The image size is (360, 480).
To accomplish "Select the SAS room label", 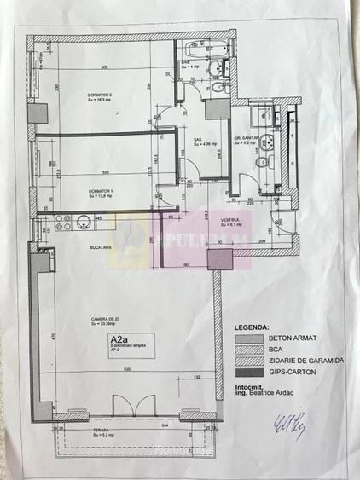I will (x=198, y=140).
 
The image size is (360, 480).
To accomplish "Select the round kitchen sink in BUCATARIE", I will (x=84, y=223).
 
